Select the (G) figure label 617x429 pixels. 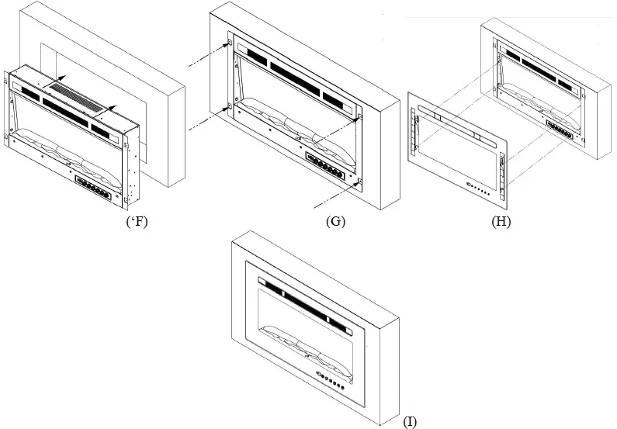pos(336,221)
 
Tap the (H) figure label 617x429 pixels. pos(501,221)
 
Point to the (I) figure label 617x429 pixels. pos(410,421)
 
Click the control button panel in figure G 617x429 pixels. pos(326,165)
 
